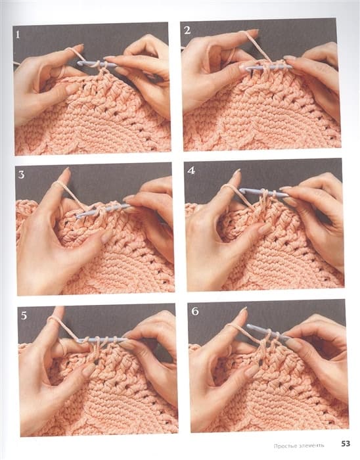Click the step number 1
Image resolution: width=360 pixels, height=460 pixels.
[18, 35]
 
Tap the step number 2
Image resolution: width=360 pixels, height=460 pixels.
[188, 30]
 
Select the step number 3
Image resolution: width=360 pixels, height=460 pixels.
[22, 175]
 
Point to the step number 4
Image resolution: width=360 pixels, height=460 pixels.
[191, 170]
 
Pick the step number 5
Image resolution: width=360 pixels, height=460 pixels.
[24, 315]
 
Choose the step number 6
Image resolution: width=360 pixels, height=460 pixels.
[195, 311]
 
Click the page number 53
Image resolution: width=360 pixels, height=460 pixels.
[346, 444]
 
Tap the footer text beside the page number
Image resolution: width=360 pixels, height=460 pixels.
[299, 446]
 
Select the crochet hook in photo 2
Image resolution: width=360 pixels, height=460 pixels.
[268, 68]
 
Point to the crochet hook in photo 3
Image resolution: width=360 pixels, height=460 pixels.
[102, 210]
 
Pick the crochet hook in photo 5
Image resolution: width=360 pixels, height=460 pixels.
[101, 340]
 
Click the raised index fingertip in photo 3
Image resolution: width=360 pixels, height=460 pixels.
[66, 172]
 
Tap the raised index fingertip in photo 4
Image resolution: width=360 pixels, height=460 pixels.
[236, 173]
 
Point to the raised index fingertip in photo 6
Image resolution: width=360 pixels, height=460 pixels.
[243, 311]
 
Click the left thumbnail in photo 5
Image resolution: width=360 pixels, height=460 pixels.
[88, 370]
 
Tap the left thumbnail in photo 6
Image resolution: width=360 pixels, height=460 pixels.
[252, 371]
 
